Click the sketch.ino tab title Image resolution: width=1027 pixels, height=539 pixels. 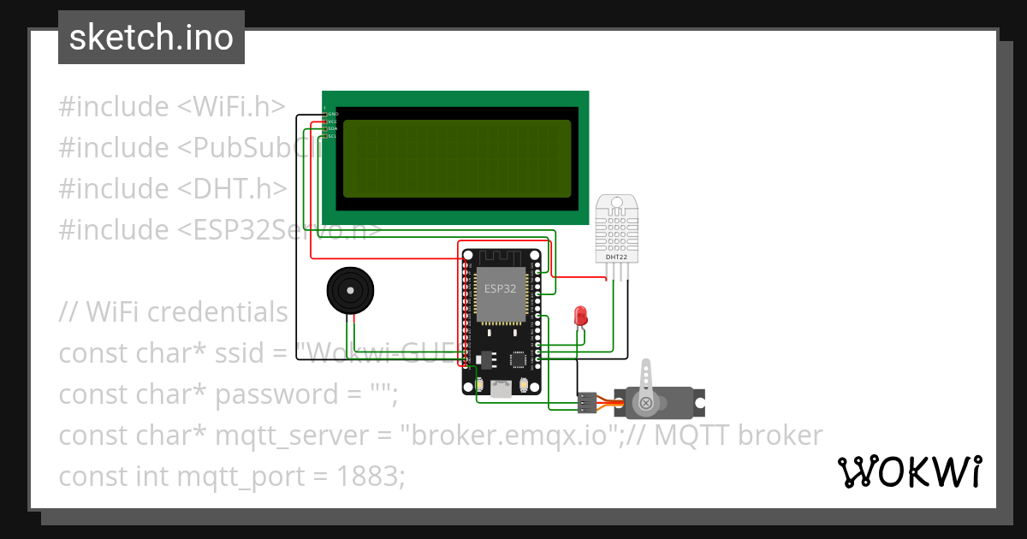pyautogui.click(x=151, y=38)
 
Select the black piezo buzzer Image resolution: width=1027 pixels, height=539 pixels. pyautogui.click(x=351, y=291)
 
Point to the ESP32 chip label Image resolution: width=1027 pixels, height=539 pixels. pyautogui.click(x=500, y=288)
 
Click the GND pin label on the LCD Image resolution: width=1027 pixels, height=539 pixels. pyautogui.click(x=333, y=114)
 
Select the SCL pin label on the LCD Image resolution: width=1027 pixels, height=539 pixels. pyautogui.click(x=333, y=136)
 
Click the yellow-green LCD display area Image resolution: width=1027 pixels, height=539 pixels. pyautogui.click(x=457, y=158)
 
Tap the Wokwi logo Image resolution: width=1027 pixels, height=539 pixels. pyautogui.click(x=908, y=471)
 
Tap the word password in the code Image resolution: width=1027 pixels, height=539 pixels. pyautogui.click(x=265, y=394)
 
